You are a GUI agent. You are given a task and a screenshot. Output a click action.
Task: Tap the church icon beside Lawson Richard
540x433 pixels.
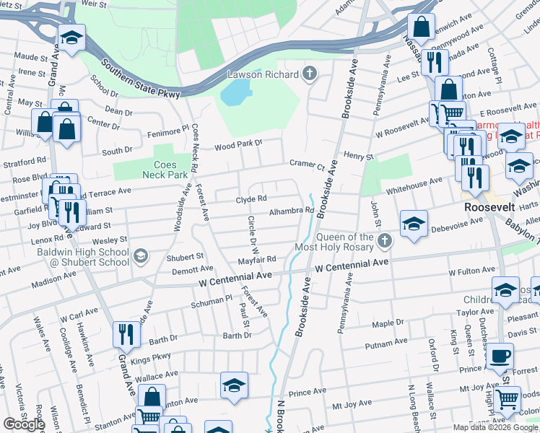click(x=310, y=74)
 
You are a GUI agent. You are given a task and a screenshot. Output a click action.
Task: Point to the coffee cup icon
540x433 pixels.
click(x=500, y=356)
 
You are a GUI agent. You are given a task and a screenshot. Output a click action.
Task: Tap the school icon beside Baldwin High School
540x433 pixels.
click(x=140, y=255)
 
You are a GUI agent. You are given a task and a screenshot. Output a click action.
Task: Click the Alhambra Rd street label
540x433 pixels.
click(x=292, y=211)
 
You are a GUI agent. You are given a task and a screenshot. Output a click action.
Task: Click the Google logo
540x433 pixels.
click(x=24, y=424)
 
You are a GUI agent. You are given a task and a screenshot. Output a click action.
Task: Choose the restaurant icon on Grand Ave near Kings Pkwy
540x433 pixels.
click(x=125, y=333)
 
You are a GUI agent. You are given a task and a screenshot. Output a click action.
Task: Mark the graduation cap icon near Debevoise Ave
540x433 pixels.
click(x=414, y=222)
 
